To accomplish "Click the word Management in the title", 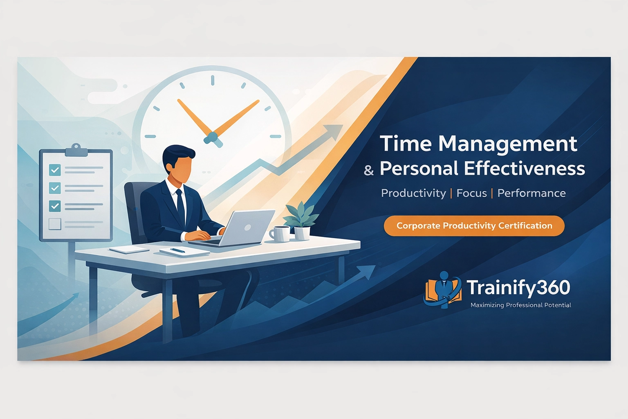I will tap(507, 144).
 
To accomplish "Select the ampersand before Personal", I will tap(369, 170).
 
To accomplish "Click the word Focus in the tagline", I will tap(471, 193).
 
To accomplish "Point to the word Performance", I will tap(532, 193).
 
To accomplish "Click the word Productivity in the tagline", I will tap(413, 193).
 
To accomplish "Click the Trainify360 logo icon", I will tap(443, 289).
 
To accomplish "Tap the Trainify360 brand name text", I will tap(518, 288).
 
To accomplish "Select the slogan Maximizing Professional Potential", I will tap(520, 305).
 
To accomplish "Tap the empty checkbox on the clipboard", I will tap(55, 224).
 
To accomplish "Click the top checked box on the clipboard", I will tap(55, 169).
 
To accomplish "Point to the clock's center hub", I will tap(212, 137).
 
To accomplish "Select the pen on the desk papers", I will tap(178, 250).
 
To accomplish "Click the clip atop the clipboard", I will tap(76, 150).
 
